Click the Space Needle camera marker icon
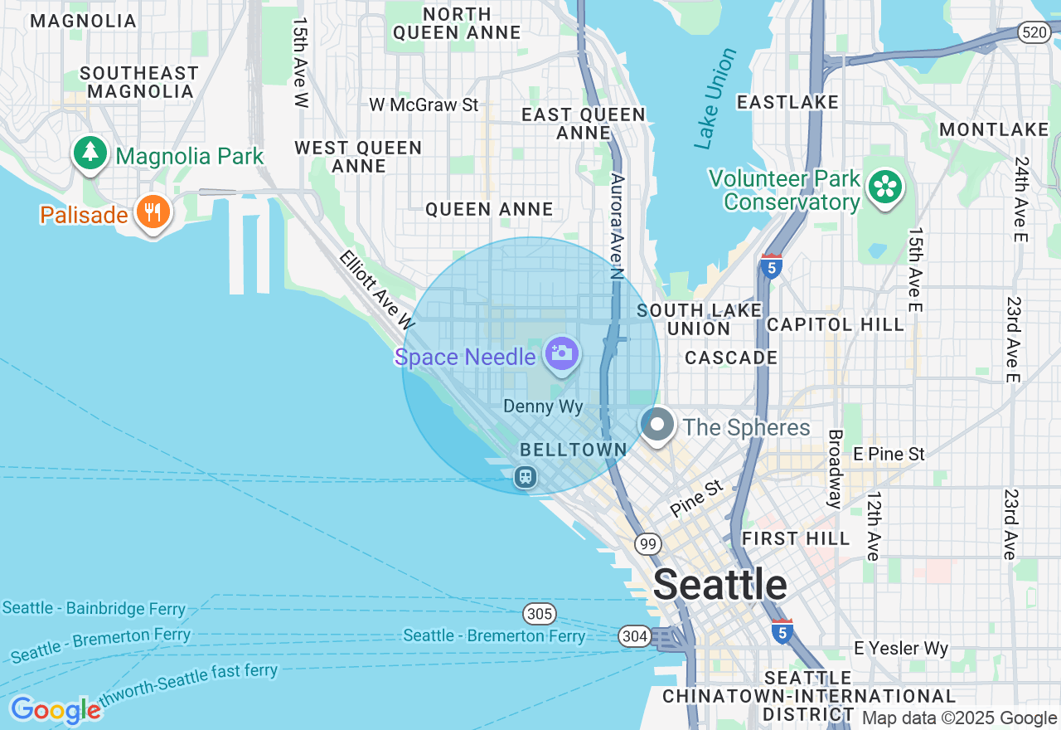click(x=561, y=353)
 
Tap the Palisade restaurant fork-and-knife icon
click(x=152, y=212)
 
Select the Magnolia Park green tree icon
click(x=90, y=153)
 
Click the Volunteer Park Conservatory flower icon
click(x=884, y=187)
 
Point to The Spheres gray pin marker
click(x=657, y=425)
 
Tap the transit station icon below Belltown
click(x=525, y=477)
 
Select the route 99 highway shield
click(x=648, y=544)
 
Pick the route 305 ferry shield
click(x=539, y=615)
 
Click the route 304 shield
click(x=634, y=636)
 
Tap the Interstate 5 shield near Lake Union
click(x=771, y=266)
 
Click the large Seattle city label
click(x=719, y=585)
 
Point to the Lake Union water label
click(x=715, y=100)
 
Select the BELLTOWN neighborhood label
click(x=573, y=450)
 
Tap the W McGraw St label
click(x=424, y=105)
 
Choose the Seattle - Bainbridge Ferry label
click(x=94, y=608)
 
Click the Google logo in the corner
click(x=55, y=710)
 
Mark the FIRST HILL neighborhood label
click(x=796, y=539)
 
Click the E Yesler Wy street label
click(x=901, y=649)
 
